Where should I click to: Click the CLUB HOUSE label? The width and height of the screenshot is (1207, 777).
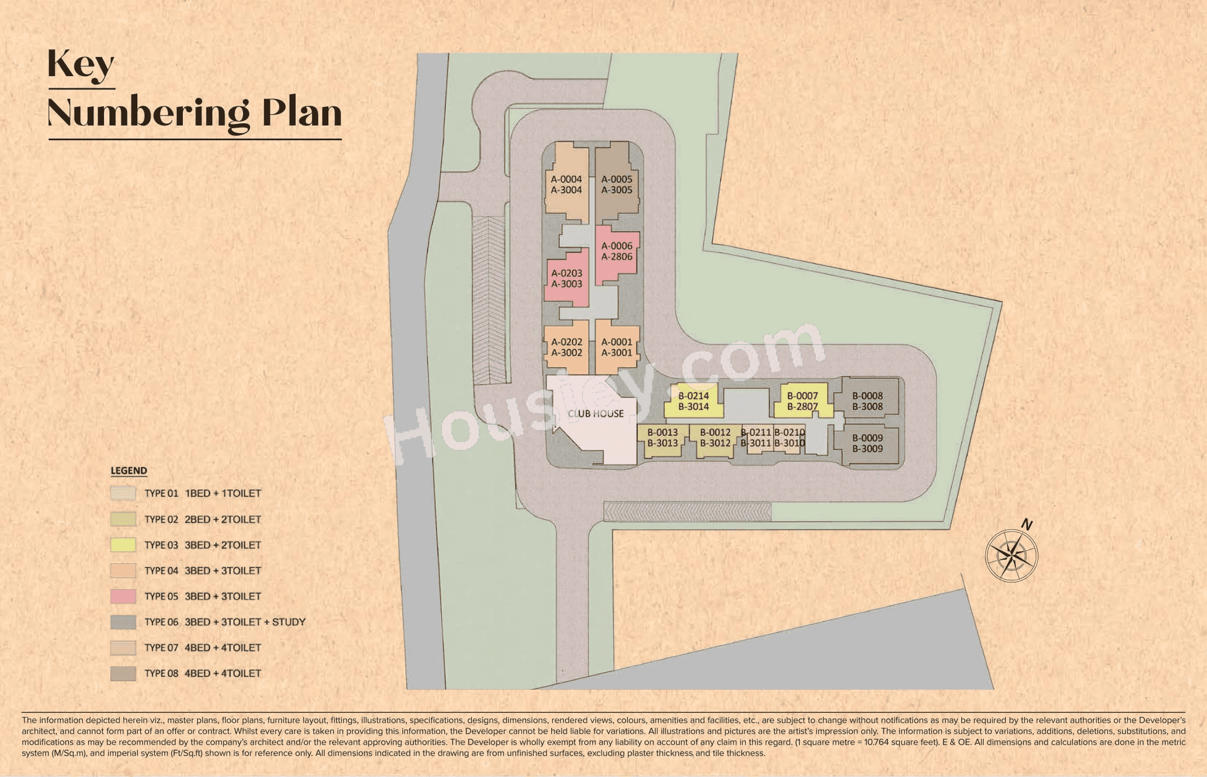(596, 414)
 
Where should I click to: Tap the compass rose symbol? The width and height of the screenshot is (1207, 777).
(1012, 556)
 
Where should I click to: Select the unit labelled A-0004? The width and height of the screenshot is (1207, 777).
(566, 185)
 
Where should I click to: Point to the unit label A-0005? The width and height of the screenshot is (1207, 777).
(616, 185)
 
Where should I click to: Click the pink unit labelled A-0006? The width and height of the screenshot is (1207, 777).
(616, 252)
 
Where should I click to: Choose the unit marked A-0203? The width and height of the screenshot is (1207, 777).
(567, 278)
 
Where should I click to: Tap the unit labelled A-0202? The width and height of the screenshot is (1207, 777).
(567, 347)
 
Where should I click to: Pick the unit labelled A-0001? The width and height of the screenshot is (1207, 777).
(616, 347)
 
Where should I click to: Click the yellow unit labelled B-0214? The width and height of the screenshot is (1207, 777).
(693, 401)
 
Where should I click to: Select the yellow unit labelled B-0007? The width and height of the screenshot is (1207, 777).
(802, 401)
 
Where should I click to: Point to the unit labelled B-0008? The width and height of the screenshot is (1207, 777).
(867, 401)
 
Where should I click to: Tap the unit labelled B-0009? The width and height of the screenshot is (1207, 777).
(867, 443)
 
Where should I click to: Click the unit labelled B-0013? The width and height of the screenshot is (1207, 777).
(662, 438)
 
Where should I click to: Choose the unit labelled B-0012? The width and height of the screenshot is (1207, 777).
(715, 438)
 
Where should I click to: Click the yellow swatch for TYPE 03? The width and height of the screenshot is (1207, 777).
(123, 545)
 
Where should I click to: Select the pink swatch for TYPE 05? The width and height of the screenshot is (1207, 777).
(123, 596)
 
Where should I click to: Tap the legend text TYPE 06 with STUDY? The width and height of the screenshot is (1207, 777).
(224, 622)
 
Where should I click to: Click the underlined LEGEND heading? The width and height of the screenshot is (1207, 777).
(129, 471)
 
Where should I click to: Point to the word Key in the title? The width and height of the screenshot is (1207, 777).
(81, 65)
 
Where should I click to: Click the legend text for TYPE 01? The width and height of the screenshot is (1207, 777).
(203, 494)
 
